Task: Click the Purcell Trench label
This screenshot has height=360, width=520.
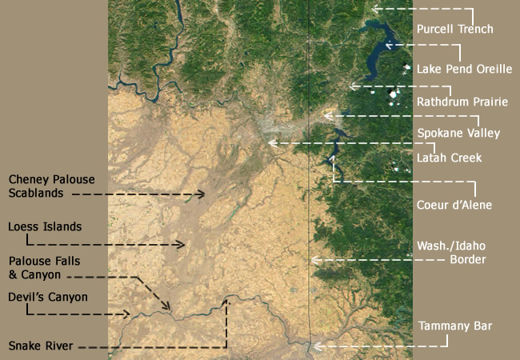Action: coord(454,30)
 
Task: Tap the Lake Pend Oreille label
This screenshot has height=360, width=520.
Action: coord(464,70)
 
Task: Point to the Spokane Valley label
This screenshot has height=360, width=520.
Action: coord(458,133)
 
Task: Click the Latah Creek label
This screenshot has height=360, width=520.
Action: coord(449,158)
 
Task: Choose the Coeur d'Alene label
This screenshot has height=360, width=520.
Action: coord(454,206)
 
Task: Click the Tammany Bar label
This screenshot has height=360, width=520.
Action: coord(454,326)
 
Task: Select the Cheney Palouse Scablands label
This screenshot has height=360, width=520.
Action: coord(46,186)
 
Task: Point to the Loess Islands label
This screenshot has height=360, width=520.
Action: coord(45,227)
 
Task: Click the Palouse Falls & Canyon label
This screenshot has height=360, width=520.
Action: coord(45,268)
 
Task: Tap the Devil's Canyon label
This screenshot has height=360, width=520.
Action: coord(48,298)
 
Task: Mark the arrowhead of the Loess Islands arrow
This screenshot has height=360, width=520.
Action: coord(183,245)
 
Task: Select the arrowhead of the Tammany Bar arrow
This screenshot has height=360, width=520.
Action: coord(315,346)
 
